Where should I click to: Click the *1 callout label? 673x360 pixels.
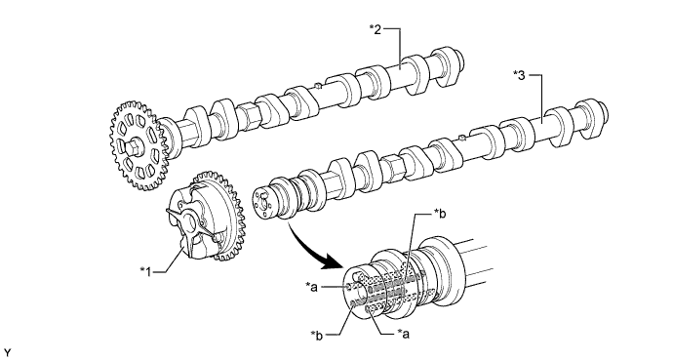tap(145, 271)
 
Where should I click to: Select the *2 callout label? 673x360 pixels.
tap(376, 29)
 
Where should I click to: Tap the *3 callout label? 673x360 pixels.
tap(519, 75)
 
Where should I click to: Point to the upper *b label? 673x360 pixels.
tap(440, 213)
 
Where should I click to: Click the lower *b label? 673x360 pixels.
tap(317, 335)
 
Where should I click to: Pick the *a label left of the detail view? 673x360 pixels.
tap(311, 286)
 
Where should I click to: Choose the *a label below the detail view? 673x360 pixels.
tap(403, 334)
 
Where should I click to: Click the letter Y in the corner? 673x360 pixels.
tap(7, 353)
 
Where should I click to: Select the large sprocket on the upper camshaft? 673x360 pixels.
tap(138, 145)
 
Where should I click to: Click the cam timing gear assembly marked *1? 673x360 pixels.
tap(205, 218)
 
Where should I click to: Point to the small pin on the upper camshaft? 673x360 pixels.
tap(318, 86)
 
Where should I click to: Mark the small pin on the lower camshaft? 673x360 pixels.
tap(461, 138)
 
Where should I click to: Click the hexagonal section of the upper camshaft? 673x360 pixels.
tap(248, 115)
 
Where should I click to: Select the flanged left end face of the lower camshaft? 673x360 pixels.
tap(262, 203)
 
